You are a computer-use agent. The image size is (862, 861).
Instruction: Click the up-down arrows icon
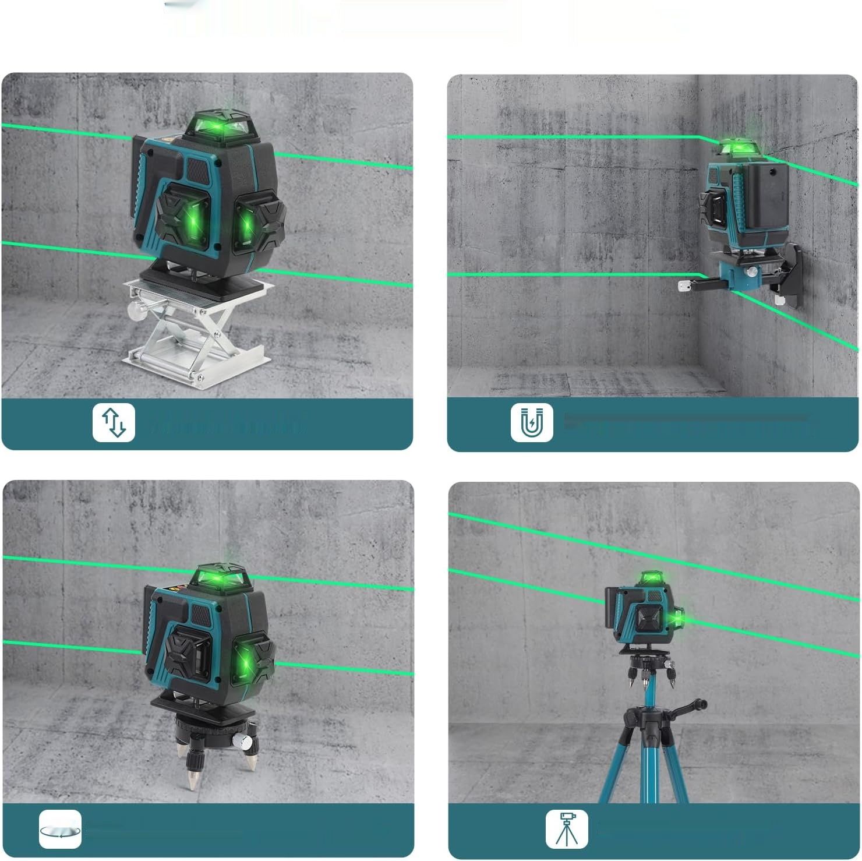coord(114,422)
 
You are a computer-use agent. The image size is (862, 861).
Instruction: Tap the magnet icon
coord(532,424)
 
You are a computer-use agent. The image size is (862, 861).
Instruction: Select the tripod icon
coord(566,828)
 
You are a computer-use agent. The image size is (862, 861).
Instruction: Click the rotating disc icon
coord(60,828)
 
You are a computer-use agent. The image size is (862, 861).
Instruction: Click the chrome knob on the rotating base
coord(243,742)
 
